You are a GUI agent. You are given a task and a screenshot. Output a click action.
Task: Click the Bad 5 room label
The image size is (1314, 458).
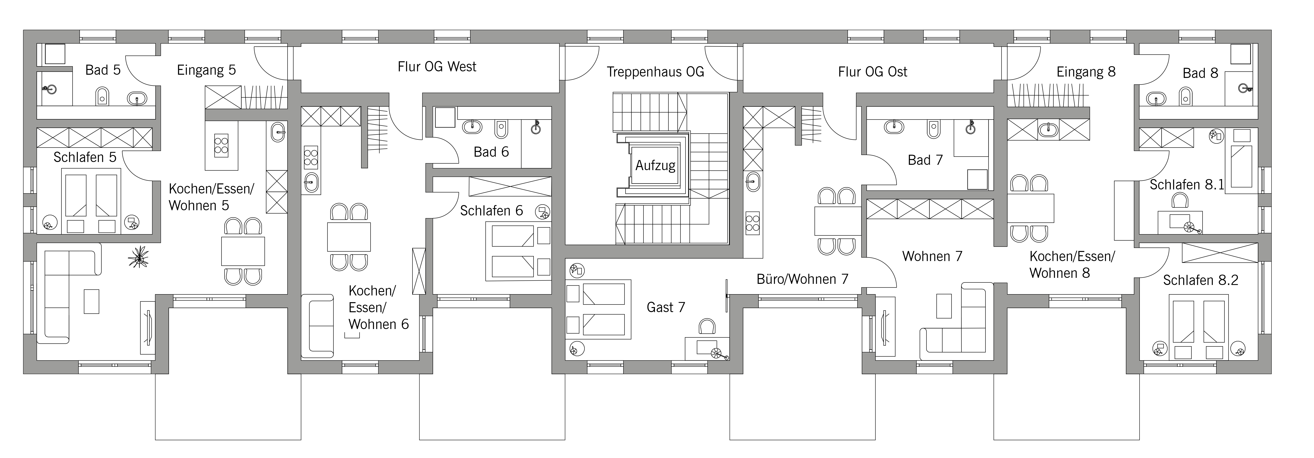103,70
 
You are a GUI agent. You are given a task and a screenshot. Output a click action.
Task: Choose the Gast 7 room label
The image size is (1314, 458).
666,307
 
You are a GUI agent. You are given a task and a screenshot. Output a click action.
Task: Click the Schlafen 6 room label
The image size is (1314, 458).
491,211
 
